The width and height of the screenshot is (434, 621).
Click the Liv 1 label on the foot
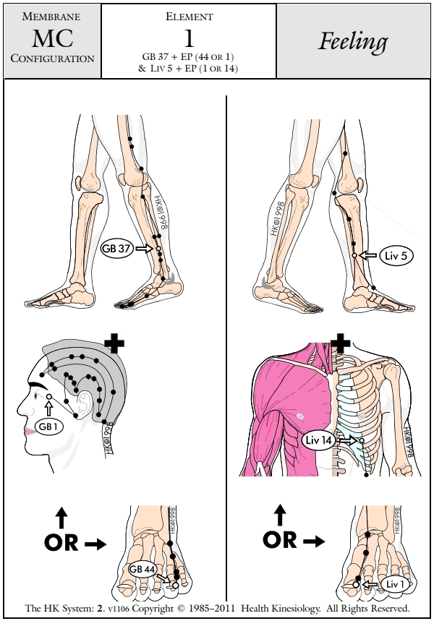(x=393, y=584)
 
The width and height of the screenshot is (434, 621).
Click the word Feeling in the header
(x=353, y=42)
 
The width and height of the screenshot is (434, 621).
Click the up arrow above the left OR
(x=61, y=516)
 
